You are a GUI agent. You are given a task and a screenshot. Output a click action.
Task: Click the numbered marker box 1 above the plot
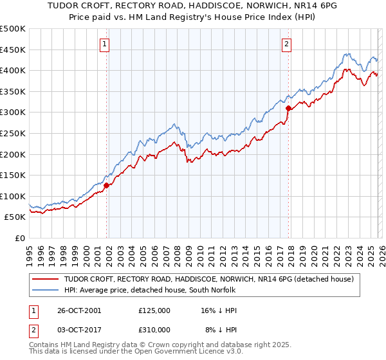click(x=104, y=44)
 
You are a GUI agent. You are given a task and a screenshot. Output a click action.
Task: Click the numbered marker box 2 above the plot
click(x=286, y=44)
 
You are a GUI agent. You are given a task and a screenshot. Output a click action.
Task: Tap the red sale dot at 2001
click(x=107, y=185)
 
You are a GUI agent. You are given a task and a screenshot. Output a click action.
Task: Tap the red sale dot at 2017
click(x=288, y=108)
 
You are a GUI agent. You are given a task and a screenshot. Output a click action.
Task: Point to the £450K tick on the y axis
click(x=13, y=50)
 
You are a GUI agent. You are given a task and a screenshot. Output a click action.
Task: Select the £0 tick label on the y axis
click(x=21, y=238)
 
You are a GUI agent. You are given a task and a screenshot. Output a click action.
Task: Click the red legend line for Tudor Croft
click(x=46, y=280)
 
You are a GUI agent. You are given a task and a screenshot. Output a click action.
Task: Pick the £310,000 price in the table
click(x=154, y=330)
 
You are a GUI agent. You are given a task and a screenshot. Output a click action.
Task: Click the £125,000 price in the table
click(x=154, y=310)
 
